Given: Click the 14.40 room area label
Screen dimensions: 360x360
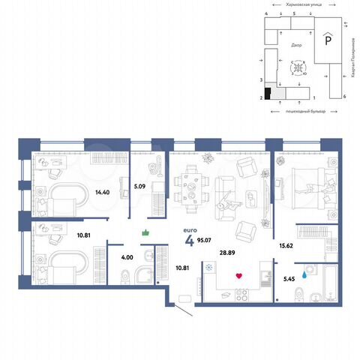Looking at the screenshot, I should click(103, 192).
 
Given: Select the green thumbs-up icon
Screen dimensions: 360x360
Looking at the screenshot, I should click(146, 234).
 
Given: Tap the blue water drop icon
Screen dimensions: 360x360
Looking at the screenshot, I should click(303, 274).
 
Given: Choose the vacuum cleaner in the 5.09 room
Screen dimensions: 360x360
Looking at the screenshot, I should click(157, 168).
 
